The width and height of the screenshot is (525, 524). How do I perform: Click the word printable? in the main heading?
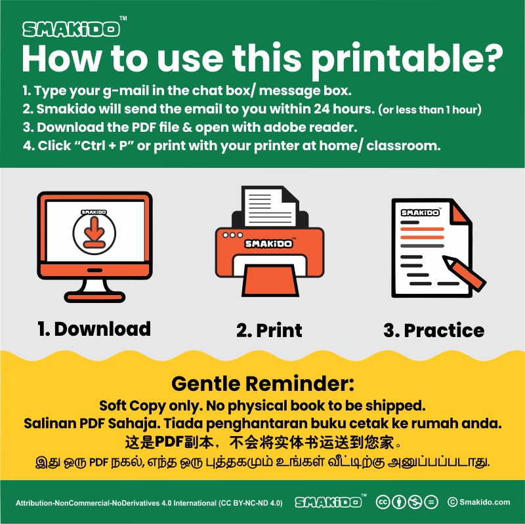pyautogui.click(x=407, y=60)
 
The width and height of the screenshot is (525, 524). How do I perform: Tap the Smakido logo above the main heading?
pyautogui.click(x=72, y=29)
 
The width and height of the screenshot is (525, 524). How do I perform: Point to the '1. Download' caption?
pyautogui.click(x=94, y=329)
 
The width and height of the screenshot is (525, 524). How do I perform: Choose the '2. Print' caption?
pyautogui.click(x=269, y=331)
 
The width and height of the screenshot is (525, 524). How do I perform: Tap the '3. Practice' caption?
pyautogui.click(x=434, y=331)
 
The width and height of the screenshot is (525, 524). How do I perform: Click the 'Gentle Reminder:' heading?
pyautogui.click(x=263, y=384)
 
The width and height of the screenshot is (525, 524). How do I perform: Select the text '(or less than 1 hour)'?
pyautogui.click(x=430, y=110)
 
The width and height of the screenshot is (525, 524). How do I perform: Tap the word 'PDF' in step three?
pyautogui.click(x=144, y=127)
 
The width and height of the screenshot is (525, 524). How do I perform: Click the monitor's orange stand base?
pyautogui.click(x=94, y=297)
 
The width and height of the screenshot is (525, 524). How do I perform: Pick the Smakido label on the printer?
pyautogui.click(x=268, y=243)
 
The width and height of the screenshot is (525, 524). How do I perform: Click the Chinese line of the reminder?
pyautogui.click(x=263, y=443)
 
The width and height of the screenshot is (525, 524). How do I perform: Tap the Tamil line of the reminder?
pyautogui.click(x=263, y=462)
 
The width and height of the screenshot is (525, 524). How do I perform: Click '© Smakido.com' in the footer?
pyautogui.click(x=479, y=502)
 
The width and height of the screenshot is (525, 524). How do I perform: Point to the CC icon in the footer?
pyautogui.click(x=383, y=502)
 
